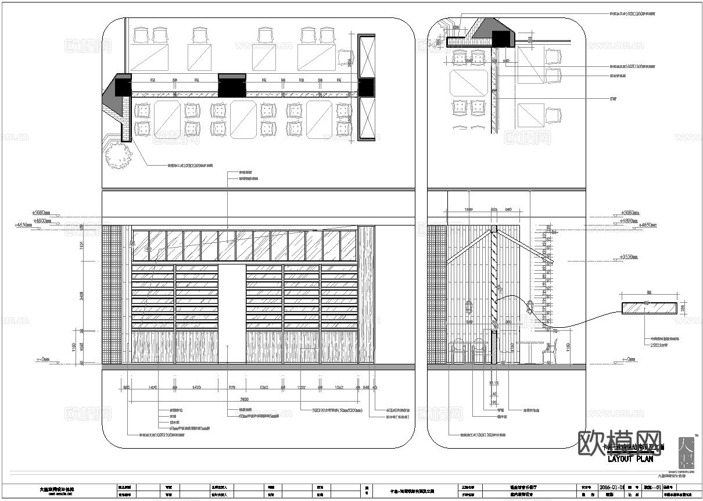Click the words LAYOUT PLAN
coord(630,459)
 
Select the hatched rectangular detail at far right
coord(650,308)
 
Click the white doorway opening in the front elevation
coord(232,314)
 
